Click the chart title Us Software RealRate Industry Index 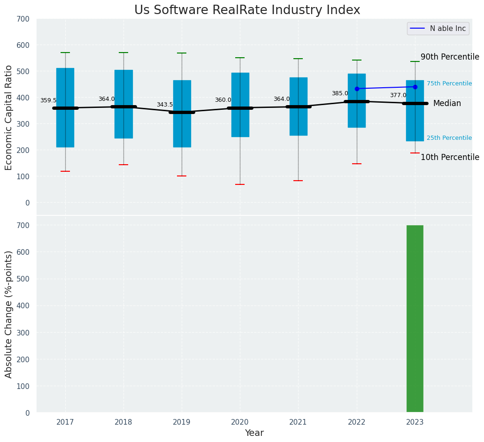click(x=247, y=10)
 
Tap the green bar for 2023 click(x=415, y=319)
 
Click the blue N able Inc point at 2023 click(x=415, y=87)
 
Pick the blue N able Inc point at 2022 click(x=357, y=89)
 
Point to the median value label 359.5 click(x=48, y=100)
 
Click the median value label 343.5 click(x=165, y=105)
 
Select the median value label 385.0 click(x=340, y=93)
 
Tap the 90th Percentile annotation click(x=450, y=57)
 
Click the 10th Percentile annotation click(x=450, y=158)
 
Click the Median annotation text click(x=447, y=104)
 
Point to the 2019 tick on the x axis click(x=182, y=423)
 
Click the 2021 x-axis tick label click(x=298, y=423)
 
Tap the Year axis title click(x=254, y=433)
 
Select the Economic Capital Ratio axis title click(x=9, y=117)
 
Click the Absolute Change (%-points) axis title click(x=9, y=314)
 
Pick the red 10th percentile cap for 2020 click(x=240, y=184)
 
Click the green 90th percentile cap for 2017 click(x=65, y=53)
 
